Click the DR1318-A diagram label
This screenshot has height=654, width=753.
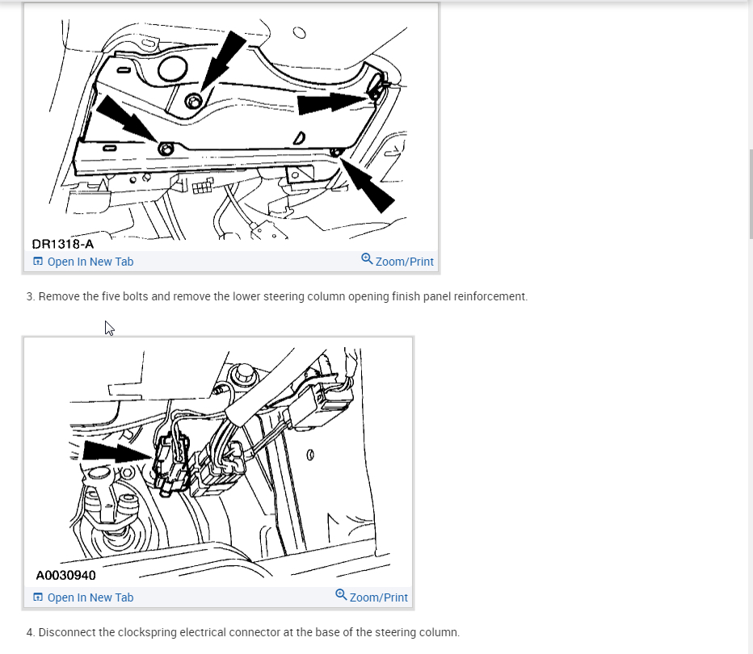pyautogui.click(x=63, y=244)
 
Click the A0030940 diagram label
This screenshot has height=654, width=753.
pyautogui.click(x=65, y=576)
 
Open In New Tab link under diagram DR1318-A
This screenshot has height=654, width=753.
pyautogui.click(x=83, y=262)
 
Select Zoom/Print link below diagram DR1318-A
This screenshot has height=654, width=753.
pyautogui.click(x=398, y=261)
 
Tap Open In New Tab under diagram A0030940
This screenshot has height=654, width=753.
pyautogui.click(x=83, y=597)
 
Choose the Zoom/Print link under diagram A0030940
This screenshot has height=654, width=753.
pyautogui.click(x=372, y=597)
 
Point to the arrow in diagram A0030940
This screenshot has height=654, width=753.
pyautogui.click(x=117, y=452)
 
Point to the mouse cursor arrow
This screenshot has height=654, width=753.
pyautogui.click(x=109, y=328)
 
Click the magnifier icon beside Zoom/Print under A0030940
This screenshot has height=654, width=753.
pyautogui.click(x=340, y=594)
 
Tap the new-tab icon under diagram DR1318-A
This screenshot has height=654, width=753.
pyautogui.click(x=38, y=261)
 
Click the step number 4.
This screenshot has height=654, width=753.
pyautogui.click(x=30, y=632)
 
